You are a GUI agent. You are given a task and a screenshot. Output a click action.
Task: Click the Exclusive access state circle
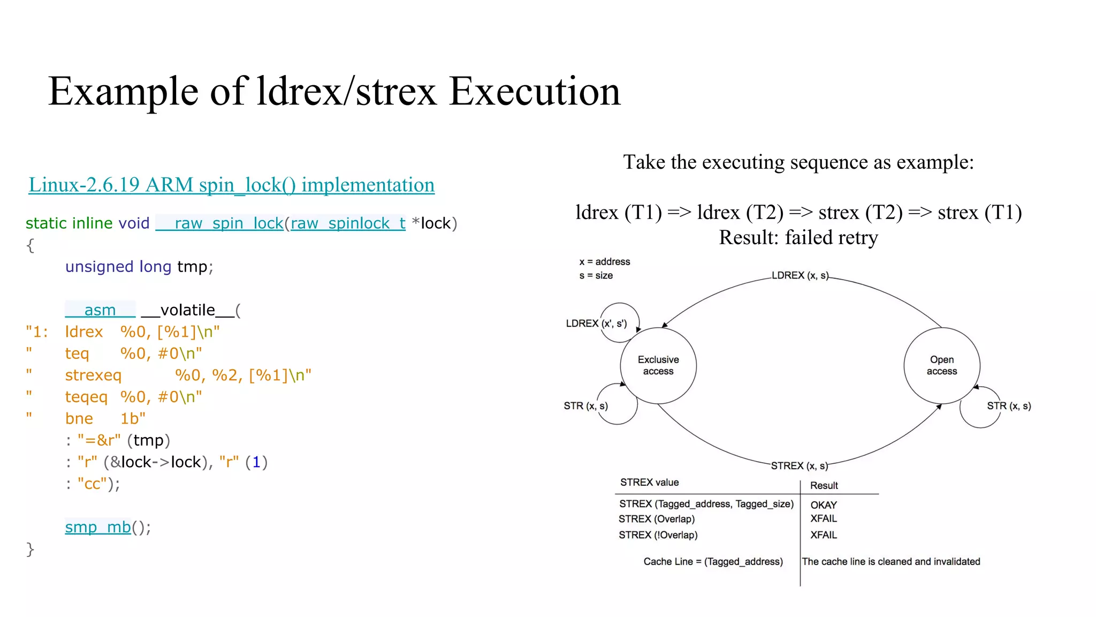point(658,365)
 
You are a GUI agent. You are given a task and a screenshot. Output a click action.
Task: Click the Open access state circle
point(941,365)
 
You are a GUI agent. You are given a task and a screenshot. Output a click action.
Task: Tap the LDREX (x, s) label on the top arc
point(800,275)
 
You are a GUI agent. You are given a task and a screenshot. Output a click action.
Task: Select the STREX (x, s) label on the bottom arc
point(799,465)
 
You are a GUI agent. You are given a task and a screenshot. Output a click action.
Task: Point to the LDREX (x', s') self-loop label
point(596,323)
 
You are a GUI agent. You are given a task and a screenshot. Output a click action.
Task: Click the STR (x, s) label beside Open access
point(1008,406)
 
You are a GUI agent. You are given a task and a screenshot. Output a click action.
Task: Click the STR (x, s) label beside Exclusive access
point(585,406)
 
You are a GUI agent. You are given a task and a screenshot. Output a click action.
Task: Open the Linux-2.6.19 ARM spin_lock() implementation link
point(231,185)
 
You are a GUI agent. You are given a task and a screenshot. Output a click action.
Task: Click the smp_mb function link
point(98,527)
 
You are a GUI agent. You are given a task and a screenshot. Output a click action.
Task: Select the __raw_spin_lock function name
point(219,223)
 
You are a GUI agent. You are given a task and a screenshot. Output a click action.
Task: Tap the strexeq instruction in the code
point(93,375)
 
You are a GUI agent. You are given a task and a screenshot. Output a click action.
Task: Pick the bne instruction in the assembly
point(79,419)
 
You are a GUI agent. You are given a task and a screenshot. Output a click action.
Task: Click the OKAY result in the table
point(823,505)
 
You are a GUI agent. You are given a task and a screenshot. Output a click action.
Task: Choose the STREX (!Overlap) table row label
point(658,535)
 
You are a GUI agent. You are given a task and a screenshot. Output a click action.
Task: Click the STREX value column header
point(649,483)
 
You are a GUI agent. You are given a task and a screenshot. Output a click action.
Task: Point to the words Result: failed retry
point(798,238)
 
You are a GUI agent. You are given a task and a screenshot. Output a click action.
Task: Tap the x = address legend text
point(604,262)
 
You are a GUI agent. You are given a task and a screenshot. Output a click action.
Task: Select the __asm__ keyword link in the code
point(100,310)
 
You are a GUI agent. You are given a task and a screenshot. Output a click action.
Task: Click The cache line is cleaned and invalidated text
point(890,562)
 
